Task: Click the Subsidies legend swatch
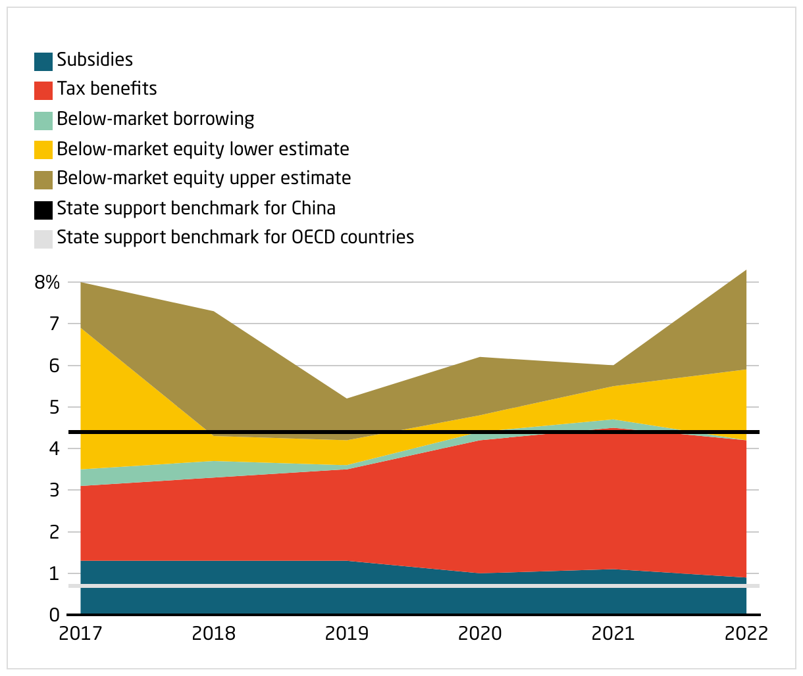(x=43, y=61)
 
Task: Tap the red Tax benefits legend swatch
(x=43, y=90)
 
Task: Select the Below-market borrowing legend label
(x=155, y=119)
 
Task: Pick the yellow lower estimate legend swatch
(x=43, y=150)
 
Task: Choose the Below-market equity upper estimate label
(x=203, y=178)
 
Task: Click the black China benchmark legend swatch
(x=43, y=210)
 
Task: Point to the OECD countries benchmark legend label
(x=235, y=237)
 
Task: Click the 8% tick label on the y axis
(x=47, y=283)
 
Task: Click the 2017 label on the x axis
(x=80, y=634)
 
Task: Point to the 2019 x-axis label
(x=347, y=634)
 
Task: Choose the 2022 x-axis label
(x=746, y=634)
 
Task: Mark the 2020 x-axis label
(x=480, y=634)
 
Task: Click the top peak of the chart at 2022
(x=746, y=270)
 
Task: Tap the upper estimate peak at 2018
(x=214, y=312)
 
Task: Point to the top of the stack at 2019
(x=347, y=398)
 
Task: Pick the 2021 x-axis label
(x=613, y=634)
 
